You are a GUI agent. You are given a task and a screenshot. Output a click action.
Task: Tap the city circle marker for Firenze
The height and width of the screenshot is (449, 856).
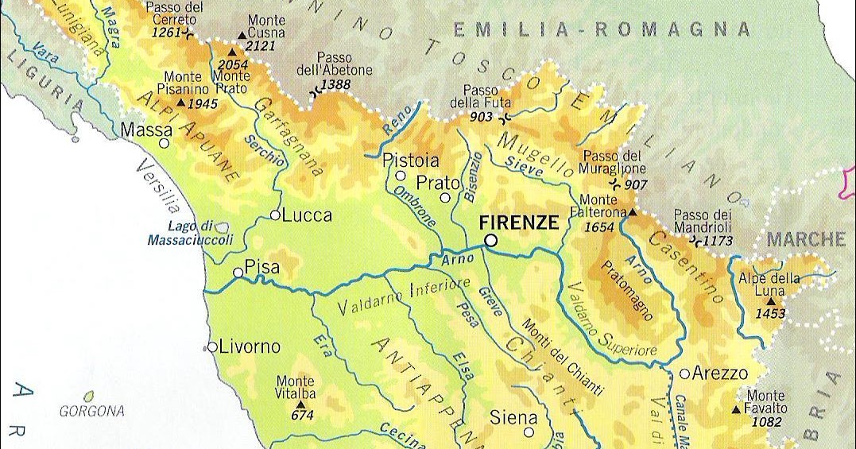coord(491,239)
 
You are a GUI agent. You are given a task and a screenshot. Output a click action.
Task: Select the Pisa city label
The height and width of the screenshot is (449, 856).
coord(262,268)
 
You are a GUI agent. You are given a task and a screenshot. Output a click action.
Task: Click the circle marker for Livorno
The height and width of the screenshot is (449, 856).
coord(212,346)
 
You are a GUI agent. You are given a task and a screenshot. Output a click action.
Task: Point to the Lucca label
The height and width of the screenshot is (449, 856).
coord(307,215)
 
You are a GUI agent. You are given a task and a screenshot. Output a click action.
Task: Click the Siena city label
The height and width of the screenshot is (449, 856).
coord(513,417)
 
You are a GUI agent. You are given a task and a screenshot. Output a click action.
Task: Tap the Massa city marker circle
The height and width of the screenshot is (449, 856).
coord(164,144)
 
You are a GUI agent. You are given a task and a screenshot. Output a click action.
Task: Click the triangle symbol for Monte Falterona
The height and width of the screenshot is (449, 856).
coord(633,213)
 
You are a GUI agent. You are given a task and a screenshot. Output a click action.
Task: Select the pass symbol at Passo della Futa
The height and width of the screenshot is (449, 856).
coord(505,118)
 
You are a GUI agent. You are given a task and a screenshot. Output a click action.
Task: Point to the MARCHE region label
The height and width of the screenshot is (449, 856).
coord(806,239)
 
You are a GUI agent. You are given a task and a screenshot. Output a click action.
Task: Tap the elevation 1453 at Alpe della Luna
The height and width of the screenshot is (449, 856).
coord(770,314)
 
